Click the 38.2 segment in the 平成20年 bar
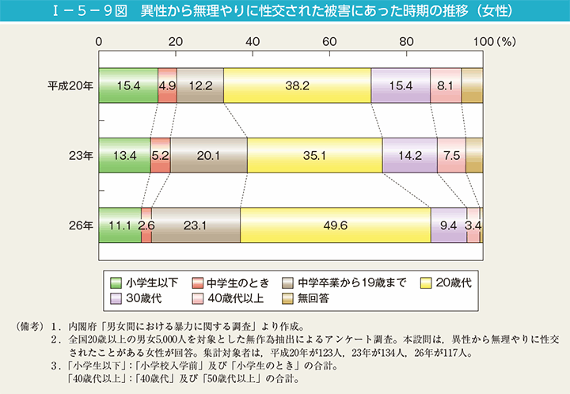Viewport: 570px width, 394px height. click(297, 85)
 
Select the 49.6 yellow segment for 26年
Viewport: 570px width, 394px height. click(335, 225)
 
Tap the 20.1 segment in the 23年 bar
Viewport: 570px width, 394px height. click(208, 155)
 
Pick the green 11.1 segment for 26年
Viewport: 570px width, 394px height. click(120, 225)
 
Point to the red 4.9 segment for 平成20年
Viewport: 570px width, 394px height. click(167, 85)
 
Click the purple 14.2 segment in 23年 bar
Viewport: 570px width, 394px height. click(409, 155)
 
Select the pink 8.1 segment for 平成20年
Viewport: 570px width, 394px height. click(446, 85)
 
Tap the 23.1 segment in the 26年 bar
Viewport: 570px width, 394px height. click(196, 225)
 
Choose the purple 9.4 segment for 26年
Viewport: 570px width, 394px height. click(448, 225)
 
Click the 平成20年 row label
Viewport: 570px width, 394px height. click(70, 85)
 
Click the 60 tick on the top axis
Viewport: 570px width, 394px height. click(329, 40)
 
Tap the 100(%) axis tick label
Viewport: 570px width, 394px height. click(491, 40)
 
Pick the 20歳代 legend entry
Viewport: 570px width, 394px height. click(448, 282)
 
